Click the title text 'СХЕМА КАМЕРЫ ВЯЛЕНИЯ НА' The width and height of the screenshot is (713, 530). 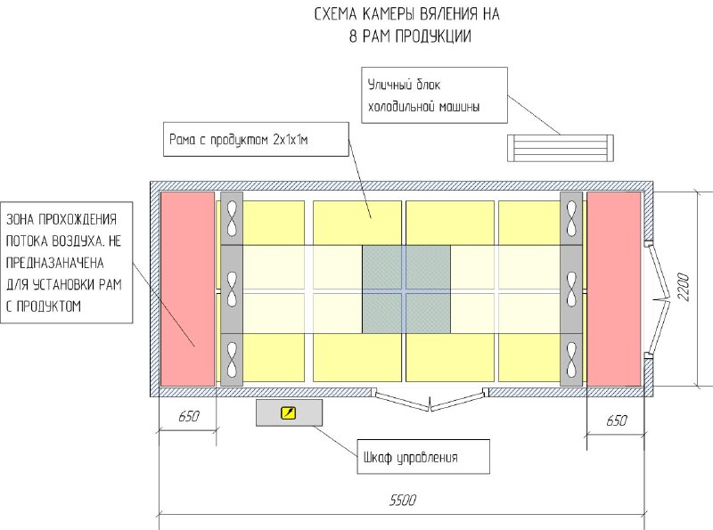pos(406,15)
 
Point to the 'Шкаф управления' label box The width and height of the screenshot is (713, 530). pos(423,458)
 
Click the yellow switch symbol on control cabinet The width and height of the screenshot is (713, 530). pos(288,412)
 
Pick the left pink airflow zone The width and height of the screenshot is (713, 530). pos(187,289)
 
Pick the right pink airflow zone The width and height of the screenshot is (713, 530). pos(614,289)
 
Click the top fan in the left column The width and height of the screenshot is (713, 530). pos(232,217)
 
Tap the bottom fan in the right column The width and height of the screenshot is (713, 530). pos(570,358)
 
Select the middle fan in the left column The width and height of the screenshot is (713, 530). pos(232,289)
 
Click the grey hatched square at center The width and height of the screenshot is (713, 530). pos(406,289)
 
